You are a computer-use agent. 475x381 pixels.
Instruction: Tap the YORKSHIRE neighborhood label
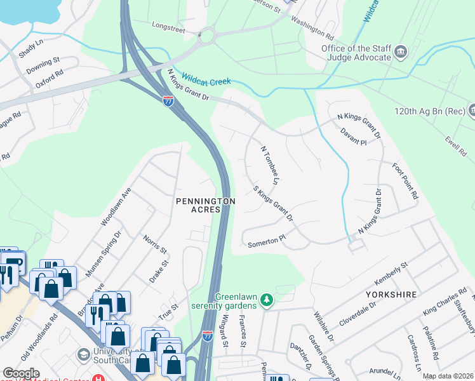pos(391,295)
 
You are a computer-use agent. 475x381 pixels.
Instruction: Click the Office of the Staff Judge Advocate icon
pos(401,51)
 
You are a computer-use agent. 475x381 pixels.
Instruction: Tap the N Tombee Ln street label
pos(270,164)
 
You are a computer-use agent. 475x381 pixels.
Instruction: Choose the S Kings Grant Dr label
pos(273,203)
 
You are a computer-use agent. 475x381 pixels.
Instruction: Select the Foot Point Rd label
pos(405,184)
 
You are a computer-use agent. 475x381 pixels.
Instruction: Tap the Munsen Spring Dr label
pos(103,255)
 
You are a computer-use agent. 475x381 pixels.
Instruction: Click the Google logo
pos(21,373)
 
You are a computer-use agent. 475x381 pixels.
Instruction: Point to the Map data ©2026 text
pos(448,376)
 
